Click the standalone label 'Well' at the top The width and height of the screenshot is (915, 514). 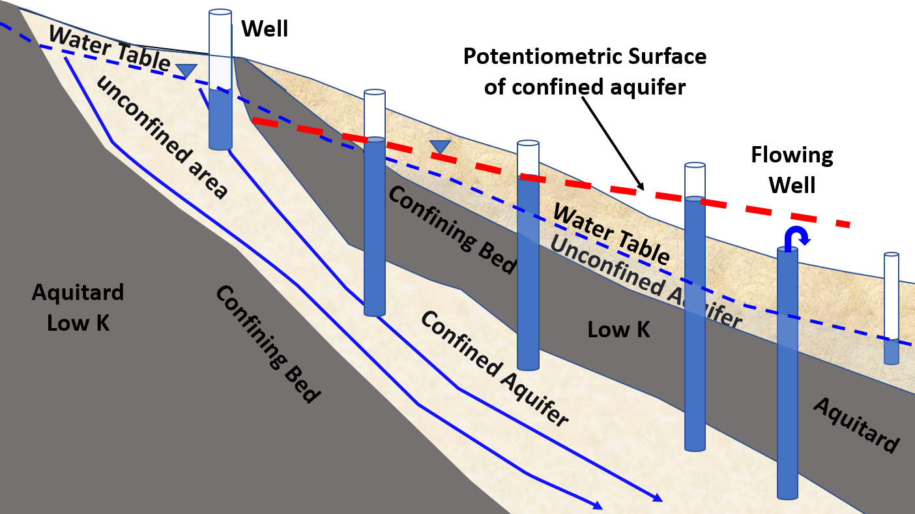pos(265,29)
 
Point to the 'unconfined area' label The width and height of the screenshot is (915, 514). pos(162,136)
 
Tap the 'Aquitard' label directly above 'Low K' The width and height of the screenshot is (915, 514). pos(78,292)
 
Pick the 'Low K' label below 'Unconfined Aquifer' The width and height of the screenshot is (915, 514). pos(618,329)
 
